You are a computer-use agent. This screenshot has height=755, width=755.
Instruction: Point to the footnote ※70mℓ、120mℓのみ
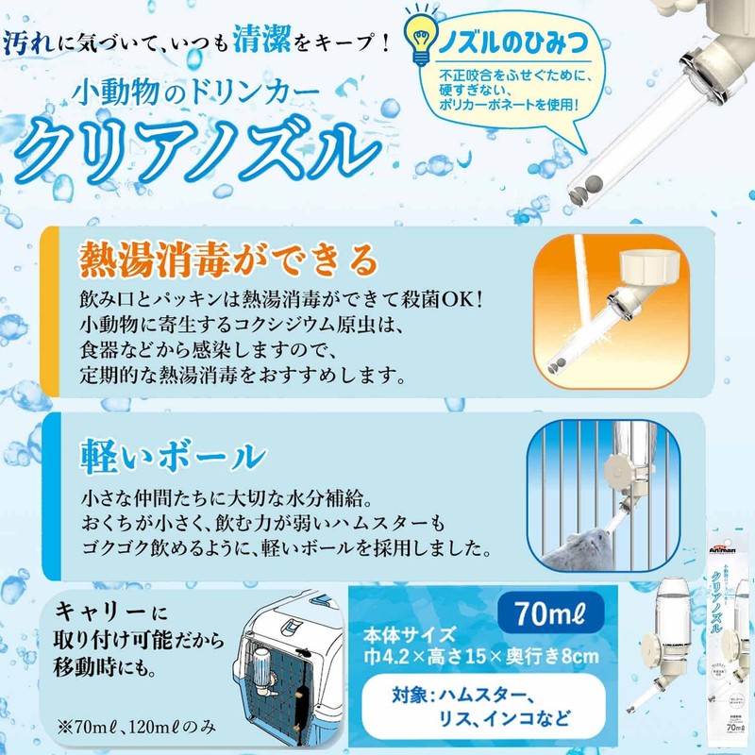[x=146, y=725]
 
